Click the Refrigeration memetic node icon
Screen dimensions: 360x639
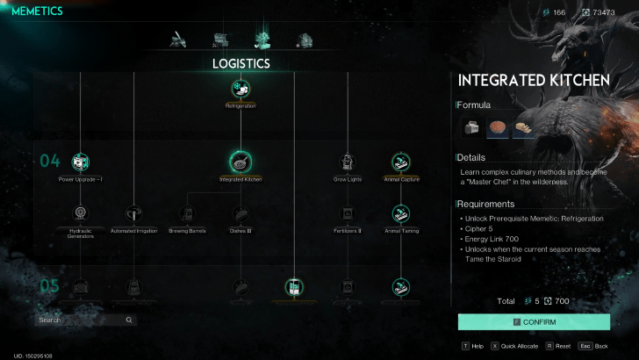tap(241, 88)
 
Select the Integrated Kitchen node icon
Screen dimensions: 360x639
tap(241, 162)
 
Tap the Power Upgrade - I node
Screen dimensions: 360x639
tap(80, 162)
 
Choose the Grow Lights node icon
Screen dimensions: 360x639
tap(348, 162)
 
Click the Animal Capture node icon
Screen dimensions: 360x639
tap(401, 162)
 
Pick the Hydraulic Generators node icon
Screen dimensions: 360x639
tap(80, 213)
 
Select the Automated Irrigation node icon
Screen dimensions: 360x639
tap(133, 213)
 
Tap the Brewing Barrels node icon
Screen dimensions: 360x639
tap(187, 213)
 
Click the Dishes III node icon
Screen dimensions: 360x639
tap(241, 213)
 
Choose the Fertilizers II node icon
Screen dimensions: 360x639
tap(348, 213)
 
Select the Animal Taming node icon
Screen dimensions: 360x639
tap(401, 213)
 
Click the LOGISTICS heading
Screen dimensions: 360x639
tap(241, 63)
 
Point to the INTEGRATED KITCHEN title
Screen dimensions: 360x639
tap(534, 81)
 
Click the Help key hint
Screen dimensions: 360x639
tap(471, 347)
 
